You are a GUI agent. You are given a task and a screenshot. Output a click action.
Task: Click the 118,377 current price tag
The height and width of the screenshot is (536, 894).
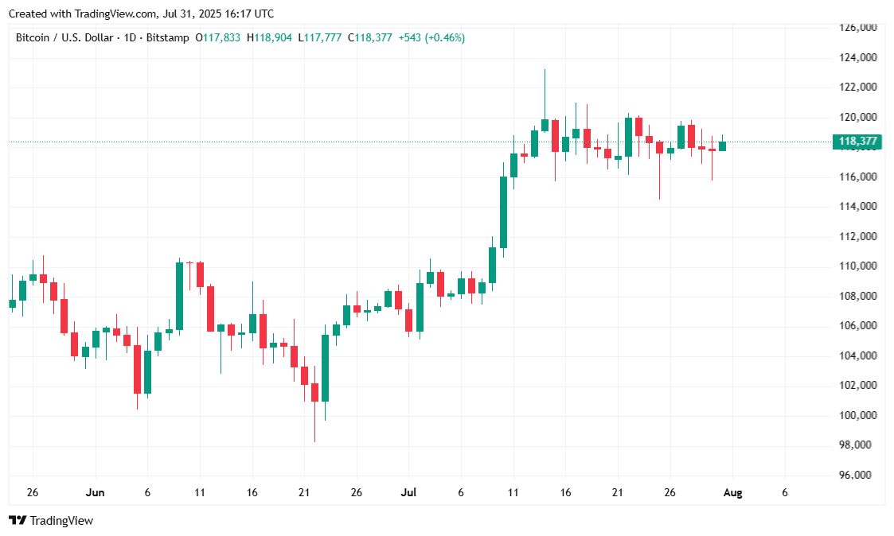click(x=857, y=142)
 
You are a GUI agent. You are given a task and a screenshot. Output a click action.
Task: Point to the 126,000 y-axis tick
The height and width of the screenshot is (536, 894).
click(x=857, y=28)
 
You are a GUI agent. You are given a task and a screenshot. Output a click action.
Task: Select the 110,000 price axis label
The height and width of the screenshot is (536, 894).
click(x=857, y=266)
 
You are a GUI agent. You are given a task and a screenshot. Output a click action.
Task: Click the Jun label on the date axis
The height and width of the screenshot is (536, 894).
click(x=95, y=492)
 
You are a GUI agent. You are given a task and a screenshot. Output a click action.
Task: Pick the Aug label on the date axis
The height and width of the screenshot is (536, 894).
click(x=732, y=492)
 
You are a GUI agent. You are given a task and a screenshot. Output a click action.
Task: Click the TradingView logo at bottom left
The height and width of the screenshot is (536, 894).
click(x=51, y=520)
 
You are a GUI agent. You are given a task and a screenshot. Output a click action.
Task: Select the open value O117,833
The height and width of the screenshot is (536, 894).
click(x=218, y=37)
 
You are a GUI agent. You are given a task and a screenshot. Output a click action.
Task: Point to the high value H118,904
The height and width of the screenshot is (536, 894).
click(x=270, y=37)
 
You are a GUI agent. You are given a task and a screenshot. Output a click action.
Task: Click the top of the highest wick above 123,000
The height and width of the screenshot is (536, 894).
click(x=545, y=71)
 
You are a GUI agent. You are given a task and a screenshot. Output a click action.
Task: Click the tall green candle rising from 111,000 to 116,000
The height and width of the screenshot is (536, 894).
click(x=503, y=212)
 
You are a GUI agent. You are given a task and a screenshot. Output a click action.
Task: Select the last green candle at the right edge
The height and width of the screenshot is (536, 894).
click(x=722, y=146)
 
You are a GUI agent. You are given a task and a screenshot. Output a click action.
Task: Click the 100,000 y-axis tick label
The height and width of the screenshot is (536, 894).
click(x=857, y=415)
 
